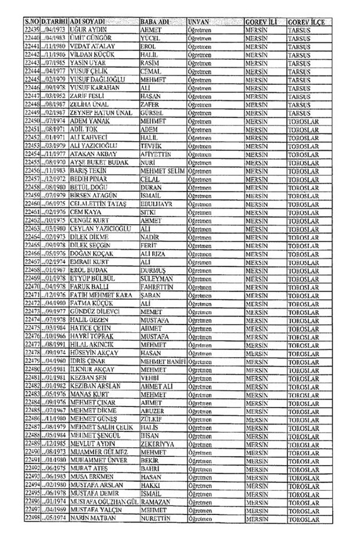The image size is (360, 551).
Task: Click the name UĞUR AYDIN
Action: (87, 28)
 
